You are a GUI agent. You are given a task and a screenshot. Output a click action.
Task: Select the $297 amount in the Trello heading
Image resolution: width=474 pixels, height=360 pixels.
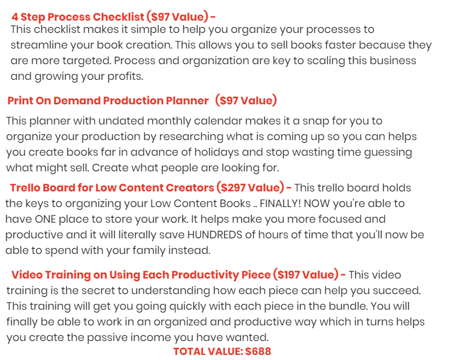pos(233,188)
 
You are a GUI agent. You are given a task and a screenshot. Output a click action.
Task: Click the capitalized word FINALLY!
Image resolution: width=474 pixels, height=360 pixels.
pos(280,204)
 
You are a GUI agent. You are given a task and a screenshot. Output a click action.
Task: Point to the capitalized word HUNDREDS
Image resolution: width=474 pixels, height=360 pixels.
pos(215,235)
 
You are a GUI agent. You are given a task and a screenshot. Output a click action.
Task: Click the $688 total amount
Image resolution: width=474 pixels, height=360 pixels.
pos(258,352)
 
